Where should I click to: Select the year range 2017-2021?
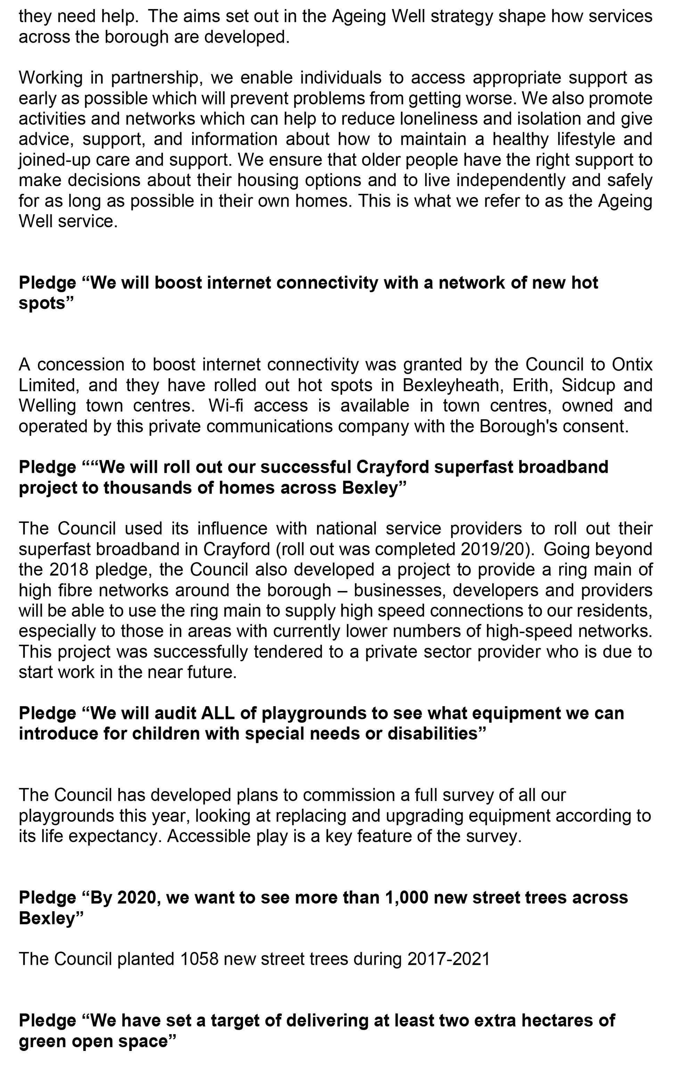(448, 959)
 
